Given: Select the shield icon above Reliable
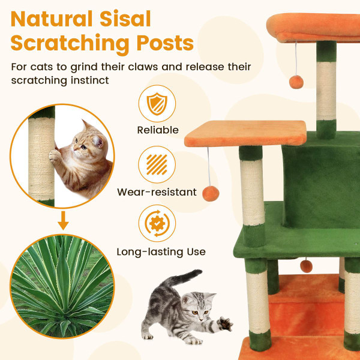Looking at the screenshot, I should (157, 104).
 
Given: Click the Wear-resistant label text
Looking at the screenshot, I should (157, 193).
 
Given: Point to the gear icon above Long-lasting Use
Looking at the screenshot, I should (157, 223).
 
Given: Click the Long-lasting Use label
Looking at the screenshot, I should (161, 252).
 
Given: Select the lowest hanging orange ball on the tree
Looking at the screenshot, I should (307, 265).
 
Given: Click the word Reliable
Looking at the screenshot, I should (158, 130).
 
